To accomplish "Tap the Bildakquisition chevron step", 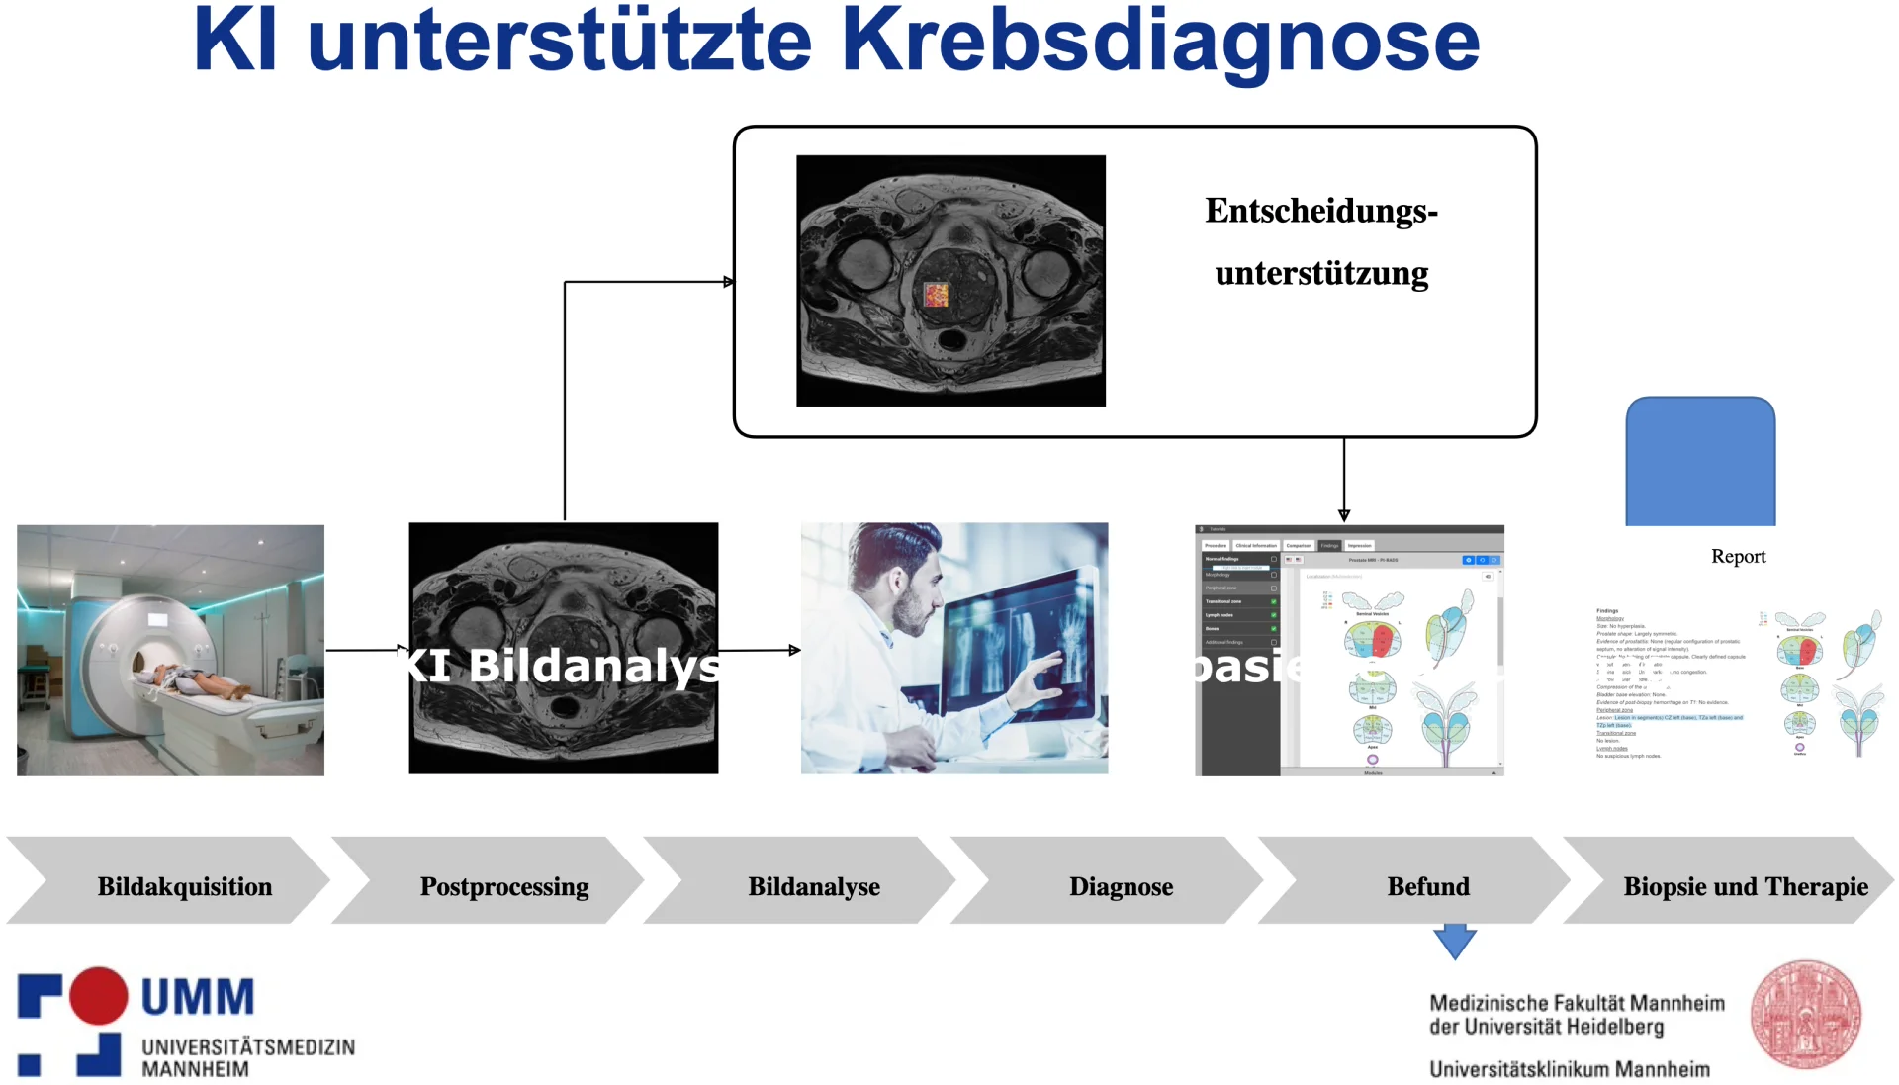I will click(184, 886).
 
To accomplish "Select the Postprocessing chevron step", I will click(503, 886).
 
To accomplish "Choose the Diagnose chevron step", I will click(1121, 886).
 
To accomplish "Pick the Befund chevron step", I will click(1427, 886).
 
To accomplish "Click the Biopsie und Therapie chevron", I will click(1745, 886).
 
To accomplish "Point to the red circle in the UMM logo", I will click(98, 995).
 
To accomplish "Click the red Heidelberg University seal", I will click(1805, 1015).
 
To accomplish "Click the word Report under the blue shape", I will click(1738, 556).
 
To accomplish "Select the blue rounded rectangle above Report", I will click(1700, 461).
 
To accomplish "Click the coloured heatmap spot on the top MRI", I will click(936, 294).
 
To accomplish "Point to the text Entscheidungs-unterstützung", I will click(1321, 242).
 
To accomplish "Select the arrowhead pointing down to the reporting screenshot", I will click(1344, 515).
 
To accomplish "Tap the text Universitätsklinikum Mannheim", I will click(1569, 1069).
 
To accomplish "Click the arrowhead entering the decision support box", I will click(729, 282).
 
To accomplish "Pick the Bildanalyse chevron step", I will click(813, 886).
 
